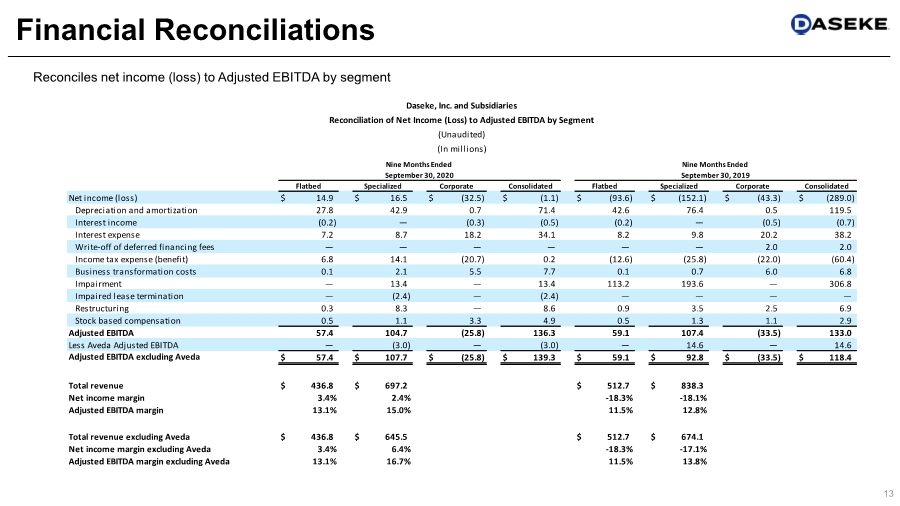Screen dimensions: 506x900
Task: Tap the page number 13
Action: (x=887, y=492)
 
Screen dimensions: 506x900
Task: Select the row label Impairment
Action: (x=100, y=283)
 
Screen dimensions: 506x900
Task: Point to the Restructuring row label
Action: (x=103, y=308)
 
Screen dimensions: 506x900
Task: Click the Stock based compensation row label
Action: (x=125, y=320)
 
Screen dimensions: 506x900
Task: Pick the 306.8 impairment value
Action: (x=837, y=283)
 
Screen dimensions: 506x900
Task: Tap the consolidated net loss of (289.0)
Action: (x=832, y=198)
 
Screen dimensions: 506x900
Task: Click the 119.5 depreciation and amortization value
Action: (x=837, y=210)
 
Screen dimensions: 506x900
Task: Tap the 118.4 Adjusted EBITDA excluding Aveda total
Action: (x=837, y=357)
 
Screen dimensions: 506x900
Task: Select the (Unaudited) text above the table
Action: (x=461, y=134)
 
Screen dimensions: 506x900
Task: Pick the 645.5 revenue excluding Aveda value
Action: (x=394, y=437)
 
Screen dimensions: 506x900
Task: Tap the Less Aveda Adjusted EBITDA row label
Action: (x=123, y=344)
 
